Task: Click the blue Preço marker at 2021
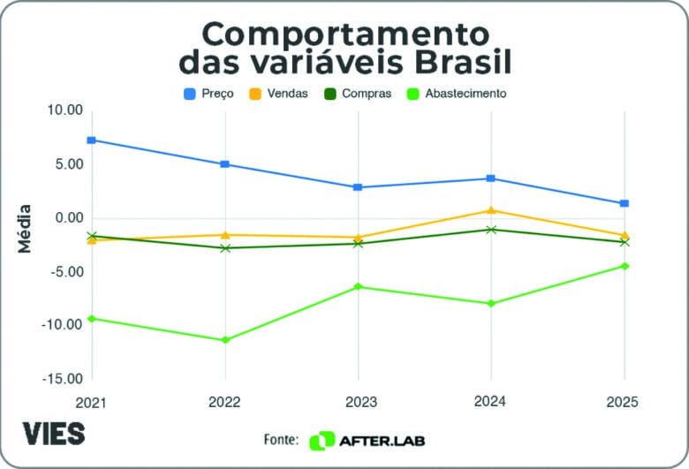pyautogui.click(x=92, y=140)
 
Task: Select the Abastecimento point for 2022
pyautogui.click(x=225, y=340)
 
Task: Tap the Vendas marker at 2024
pyautogui.click(x=491, y=210)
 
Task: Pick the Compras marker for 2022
pyautogui.click(x=225, y=248)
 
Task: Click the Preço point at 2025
pyautogui.click(x=625, y=203)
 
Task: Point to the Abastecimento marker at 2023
pyautogui.click(x=358, y=286)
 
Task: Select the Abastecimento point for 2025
pyautogui.click(x=625, y=266)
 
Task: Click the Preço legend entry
pyautogui.click(x=208, y=94)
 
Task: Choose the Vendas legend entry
pyautogui.click(x=281, y=94)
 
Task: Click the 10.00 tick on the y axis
pyautogui.click(x=64, y=110)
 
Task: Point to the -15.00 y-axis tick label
pyautogui.click(x=61, y=379)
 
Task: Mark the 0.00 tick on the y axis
pyautogui.click(x=67, y=218)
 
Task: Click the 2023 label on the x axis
pyautogui.click(x=357, y=401)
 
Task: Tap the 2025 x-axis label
pyautogui.click(x=622, y=401)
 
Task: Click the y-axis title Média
pyautogui.click(x=26, y=229)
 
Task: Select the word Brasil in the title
pyautogui.click(x=455, y=64)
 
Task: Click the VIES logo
pyautogui.click(x=54, y=434)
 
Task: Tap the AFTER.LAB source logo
pyautogui.click(x=372, y=440)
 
